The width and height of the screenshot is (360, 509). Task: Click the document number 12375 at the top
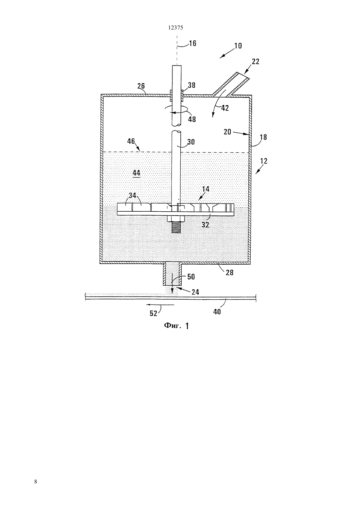point(175,28)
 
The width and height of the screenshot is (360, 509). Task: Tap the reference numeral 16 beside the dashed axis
point(192,44)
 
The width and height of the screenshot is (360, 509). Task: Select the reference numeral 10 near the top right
point(238,46)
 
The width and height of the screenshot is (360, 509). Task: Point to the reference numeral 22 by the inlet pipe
point(256,61)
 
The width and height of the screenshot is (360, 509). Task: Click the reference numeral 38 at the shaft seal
point(191,85)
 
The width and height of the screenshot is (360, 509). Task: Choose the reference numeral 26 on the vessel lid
point(141,86)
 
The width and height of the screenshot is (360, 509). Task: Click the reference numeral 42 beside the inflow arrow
point(225,108)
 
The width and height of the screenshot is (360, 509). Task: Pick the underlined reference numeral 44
point(136,173)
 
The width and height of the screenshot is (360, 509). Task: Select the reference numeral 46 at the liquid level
point(131,141)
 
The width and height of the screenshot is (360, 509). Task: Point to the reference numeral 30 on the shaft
point(191,142)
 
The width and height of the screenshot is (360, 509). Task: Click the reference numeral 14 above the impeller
point(206,189)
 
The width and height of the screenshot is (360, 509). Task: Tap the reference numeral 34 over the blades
point(133,195)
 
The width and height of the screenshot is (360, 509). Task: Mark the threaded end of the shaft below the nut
point(176,227)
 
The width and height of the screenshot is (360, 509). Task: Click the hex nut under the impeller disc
point(176,219)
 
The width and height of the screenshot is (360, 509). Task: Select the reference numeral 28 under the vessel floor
point(229,272)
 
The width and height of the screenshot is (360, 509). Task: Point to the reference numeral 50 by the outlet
point(191,277)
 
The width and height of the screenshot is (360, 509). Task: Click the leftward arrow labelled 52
point(160,305)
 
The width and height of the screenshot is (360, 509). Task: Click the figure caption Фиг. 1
point(176,326)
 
